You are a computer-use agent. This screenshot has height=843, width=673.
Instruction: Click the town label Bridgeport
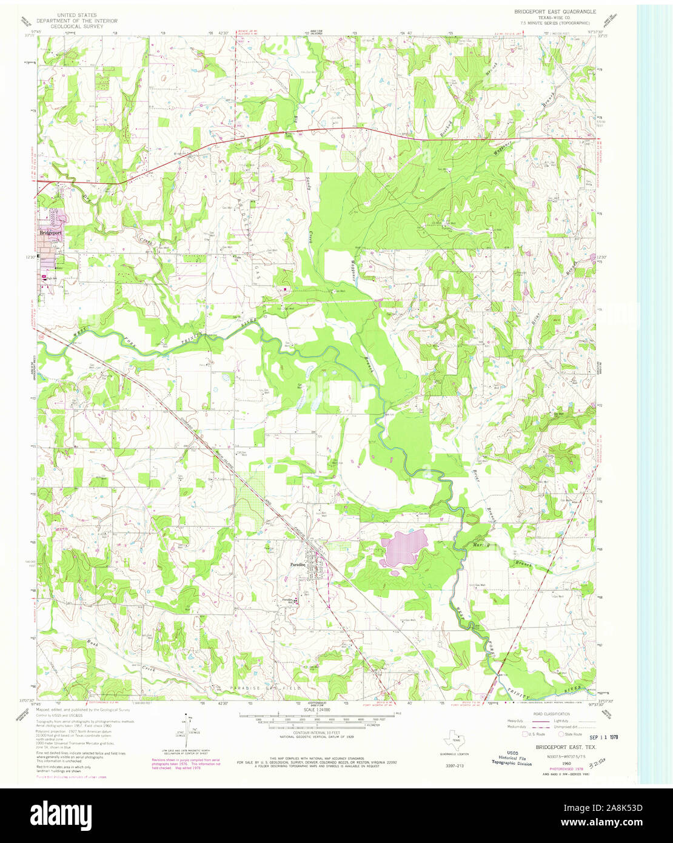[x=52, y=232]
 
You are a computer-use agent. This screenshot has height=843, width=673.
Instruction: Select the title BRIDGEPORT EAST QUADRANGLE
[x=555, y=12]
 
